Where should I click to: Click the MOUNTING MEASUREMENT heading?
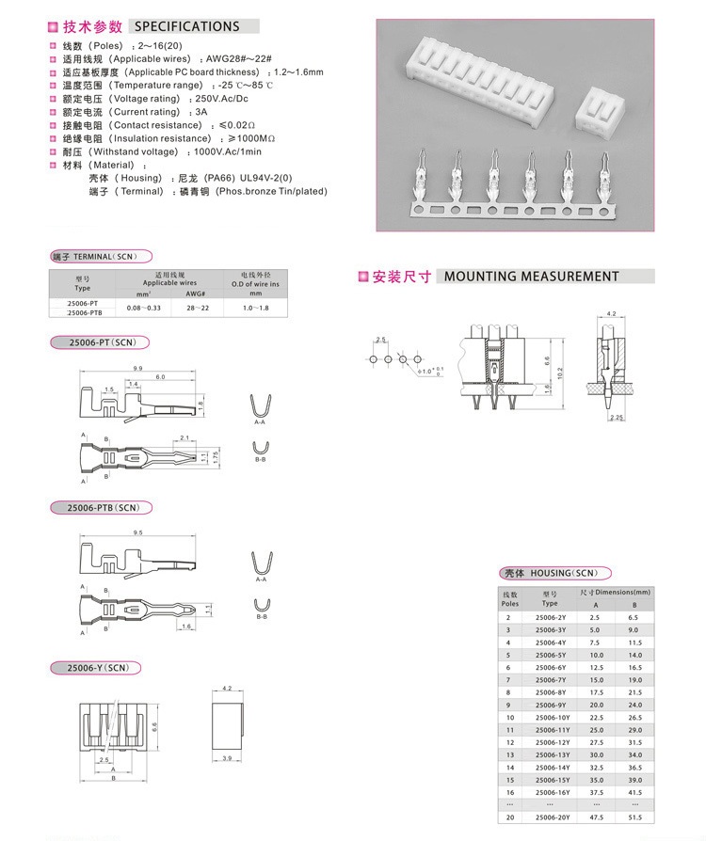tap(531, 277)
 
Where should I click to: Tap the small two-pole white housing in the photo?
tap(603, 111)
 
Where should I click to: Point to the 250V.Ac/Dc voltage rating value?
tap(220, 99)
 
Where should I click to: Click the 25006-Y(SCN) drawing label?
tap(97, 668)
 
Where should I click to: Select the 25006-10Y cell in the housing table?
tap(550, 718)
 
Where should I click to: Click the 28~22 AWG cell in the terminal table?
tap(197, 308)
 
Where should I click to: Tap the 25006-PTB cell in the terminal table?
tap(84, 313)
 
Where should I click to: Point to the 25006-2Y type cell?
tap(550, 616)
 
